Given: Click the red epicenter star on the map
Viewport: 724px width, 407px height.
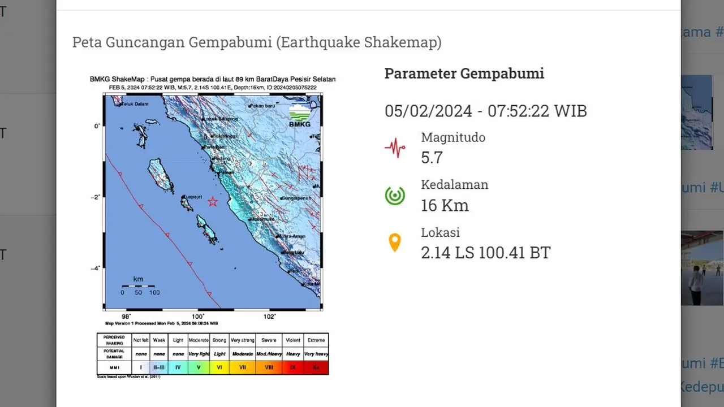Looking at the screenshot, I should click(x=213, y=202).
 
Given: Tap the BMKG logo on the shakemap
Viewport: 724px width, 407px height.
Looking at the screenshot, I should click(x=300, y=115).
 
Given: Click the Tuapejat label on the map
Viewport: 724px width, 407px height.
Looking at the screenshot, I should click(x=191, y=197).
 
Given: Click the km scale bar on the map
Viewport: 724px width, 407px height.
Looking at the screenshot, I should click(x=138, y=286).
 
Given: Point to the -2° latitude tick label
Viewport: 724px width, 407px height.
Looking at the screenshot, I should click(x=96, y=197).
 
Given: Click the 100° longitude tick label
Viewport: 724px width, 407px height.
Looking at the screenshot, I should click(x=198, y=317).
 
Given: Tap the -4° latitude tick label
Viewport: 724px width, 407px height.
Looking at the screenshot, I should click(x=96, y=269).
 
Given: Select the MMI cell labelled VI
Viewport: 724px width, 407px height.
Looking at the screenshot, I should click(x=219, y=367).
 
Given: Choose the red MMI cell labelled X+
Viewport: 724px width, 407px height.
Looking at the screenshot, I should click(x=316, y=367).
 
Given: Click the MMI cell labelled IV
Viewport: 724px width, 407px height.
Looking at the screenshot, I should click(x=178, y=367).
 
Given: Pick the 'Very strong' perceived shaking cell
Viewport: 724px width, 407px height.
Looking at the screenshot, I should click(x=243, y=340).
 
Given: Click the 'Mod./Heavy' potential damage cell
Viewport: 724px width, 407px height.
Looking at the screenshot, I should click(x=269, y=354).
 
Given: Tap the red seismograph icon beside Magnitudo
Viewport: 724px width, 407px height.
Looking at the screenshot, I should click(x=395, y=149).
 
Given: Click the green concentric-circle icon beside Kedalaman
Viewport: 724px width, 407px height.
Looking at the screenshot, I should click(x=395, y=196).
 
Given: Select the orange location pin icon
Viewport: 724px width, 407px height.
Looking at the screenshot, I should click(x=395, y=243).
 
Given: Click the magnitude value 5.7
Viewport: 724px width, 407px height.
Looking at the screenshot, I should click(x=432, y=157).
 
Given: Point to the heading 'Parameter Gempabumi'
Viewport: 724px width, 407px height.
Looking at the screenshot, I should click(x=464, y=73).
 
